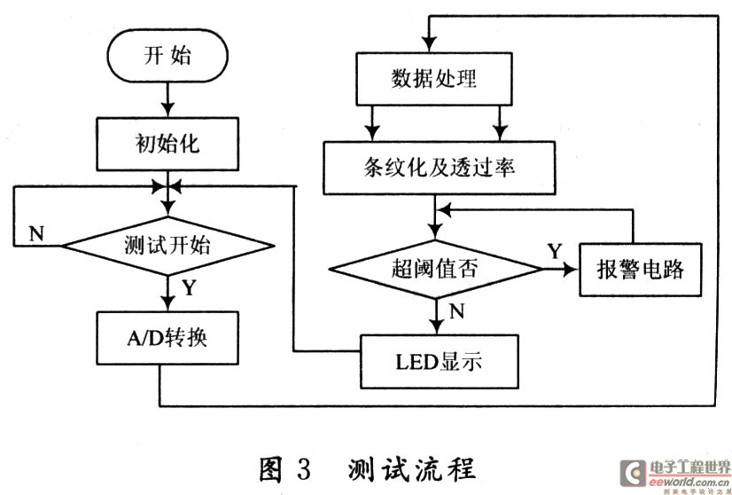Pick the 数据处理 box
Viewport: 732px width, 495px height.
[433, 78]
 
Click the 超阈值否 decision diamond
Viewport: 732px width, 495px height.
[434, 267]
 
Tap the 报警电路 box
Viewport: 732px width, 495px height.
[631, 268]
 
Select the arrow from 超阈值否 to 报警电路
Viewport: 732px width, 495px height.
[559, 267]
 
